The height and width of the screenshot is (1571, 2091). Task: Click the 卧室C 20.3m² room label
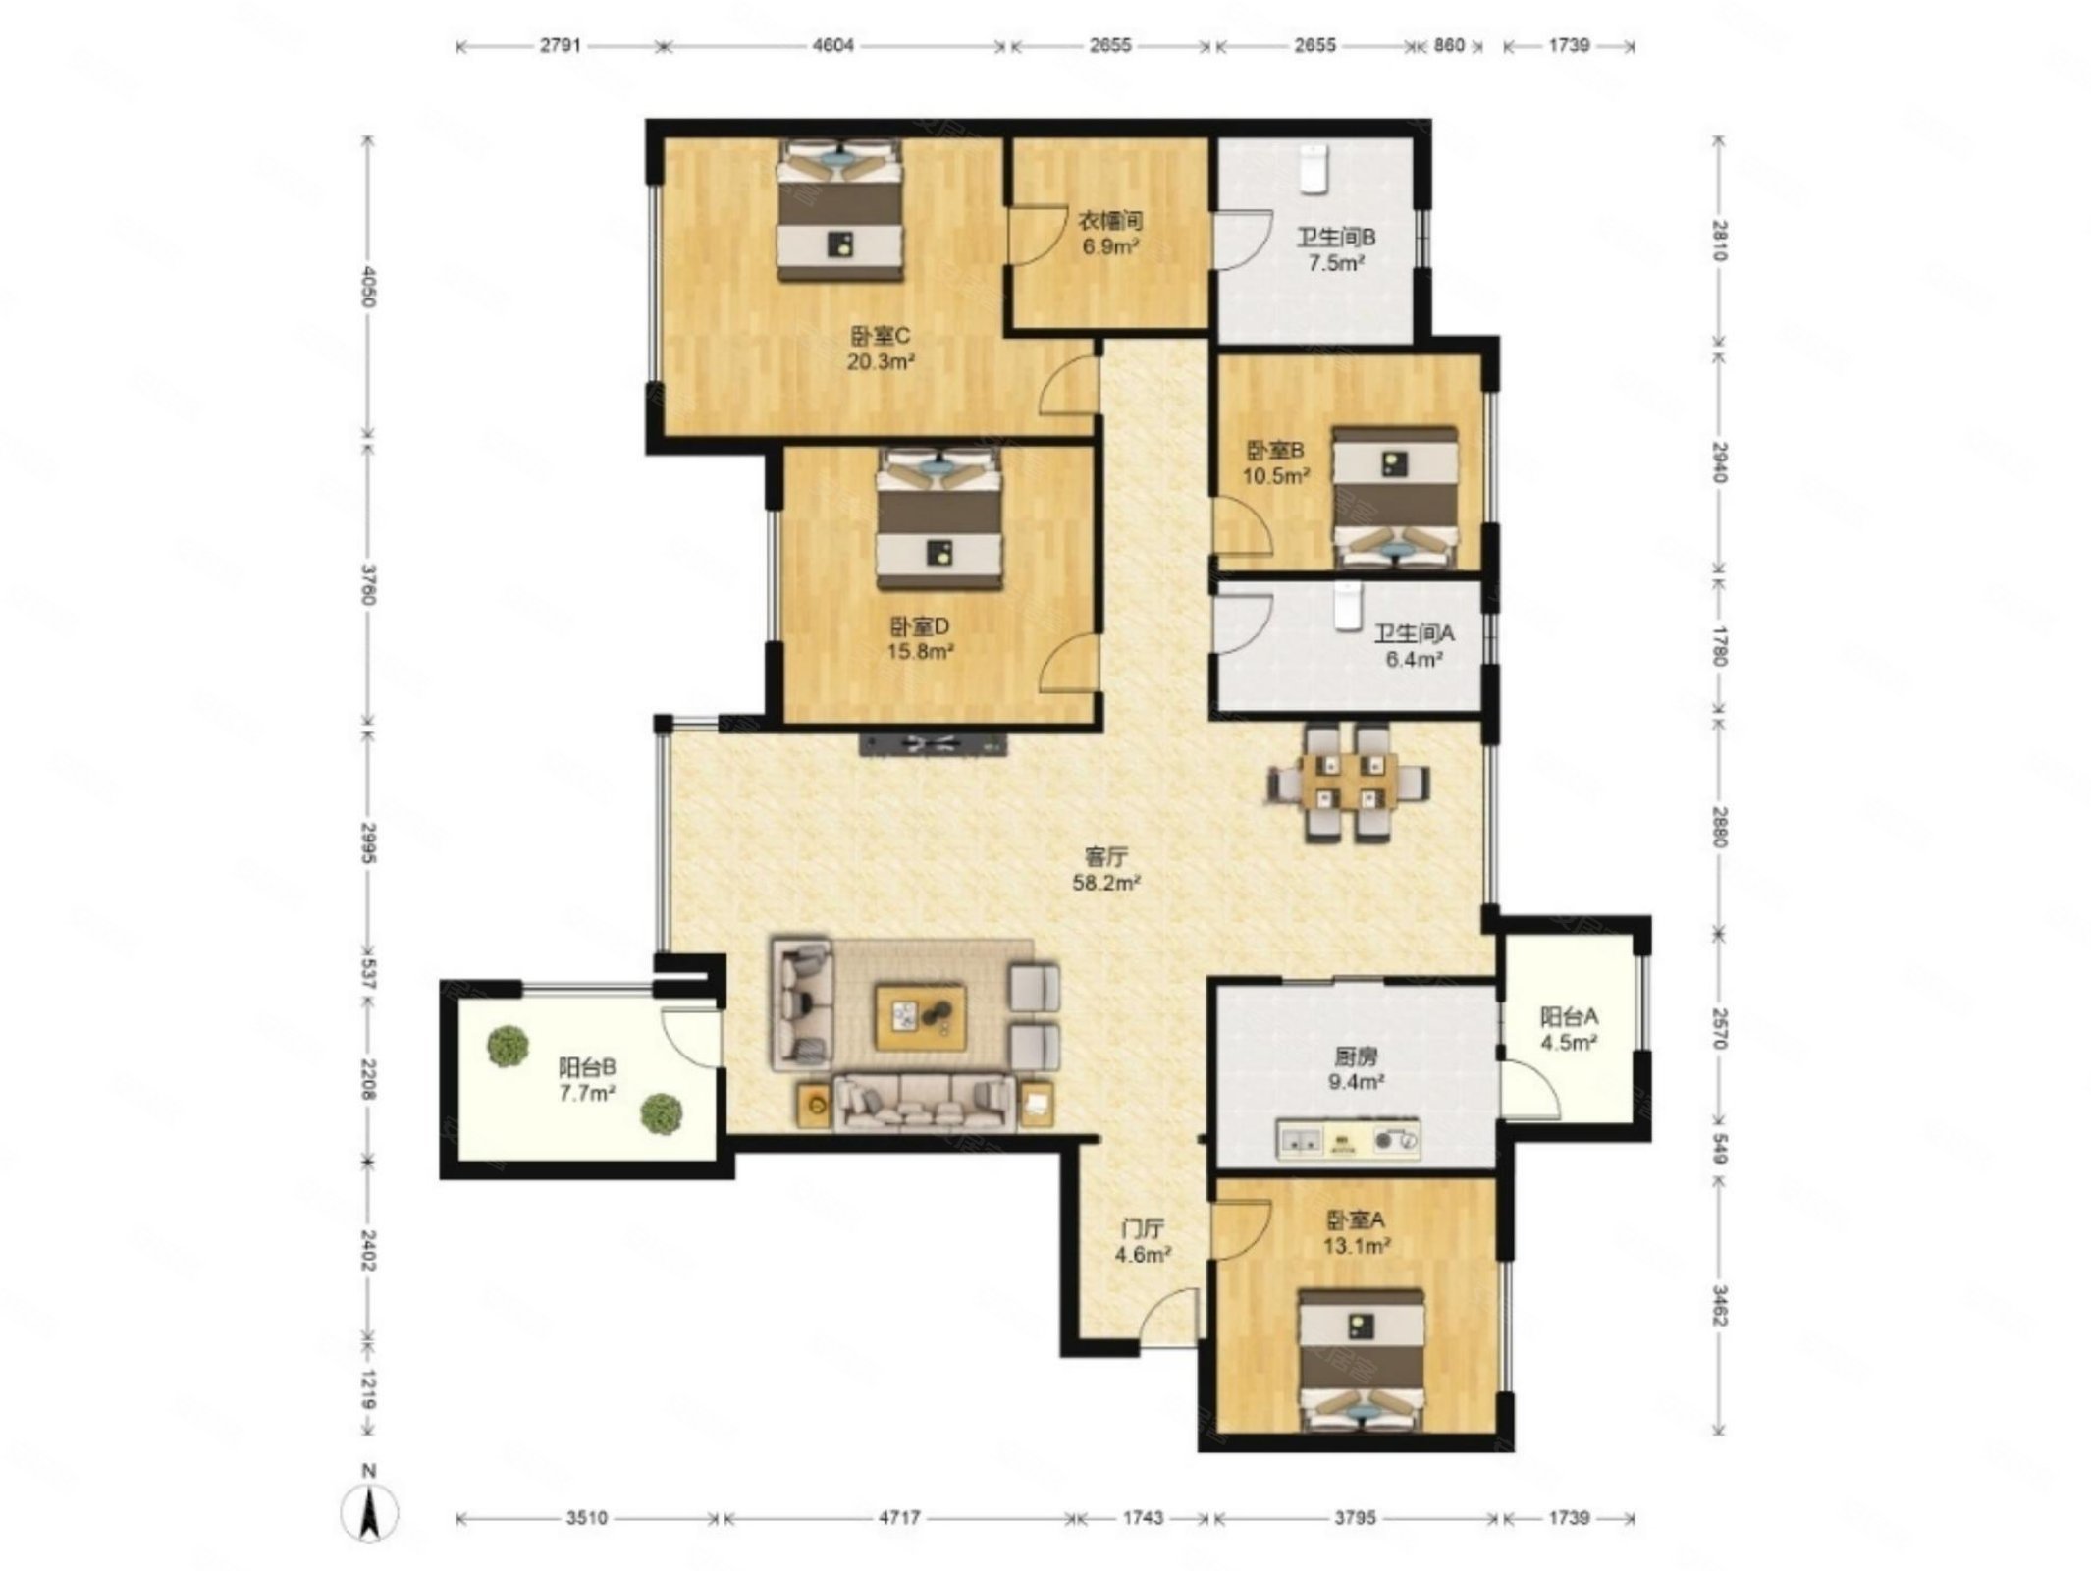pyautogui.click(x=881, y=350)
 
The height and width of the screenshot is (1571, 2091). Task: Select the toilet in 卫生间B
pyautogui.click(x=1314, y=168)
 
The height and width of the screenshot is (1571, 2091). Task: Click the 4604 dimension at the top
pyautogui.click(x=834, y=45)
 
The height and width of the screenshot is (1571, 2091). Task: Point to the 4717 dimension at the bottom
pyautogui.click(x=898, y=1518)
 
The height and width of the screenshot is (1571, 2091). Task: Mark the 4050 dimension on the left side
pyautogui.click(x=369, y=286)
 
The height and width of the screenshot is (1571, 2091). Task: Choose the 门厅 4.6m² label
pyautogui.click(x=1144, y=1241)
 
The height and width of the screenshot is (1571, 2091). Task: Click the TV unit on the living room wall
pyautogui.click(x=934, y=743)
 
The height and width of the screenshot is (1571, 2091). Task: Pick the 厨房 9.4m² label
pyautogui.click(x=1356, y=1069)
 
